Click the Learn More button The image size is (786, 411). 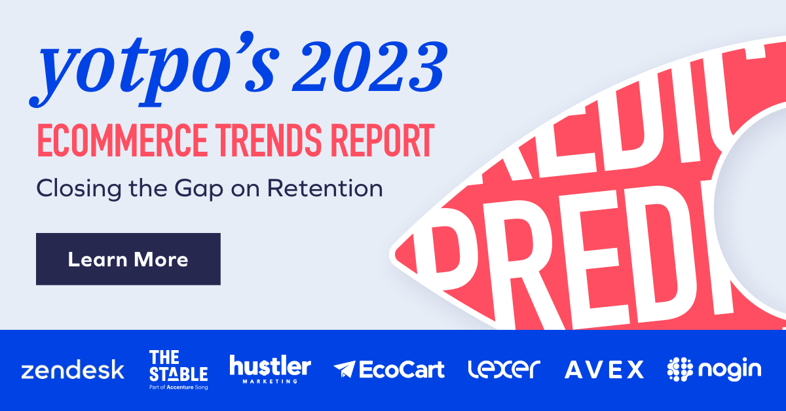click(x=128, y=259)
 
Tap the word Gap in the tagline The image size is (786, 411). click(x=238, y=188)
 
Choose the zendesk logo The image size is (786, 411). click(x=72, y=370)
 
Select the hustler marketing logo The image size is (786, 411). click(x=270, y=368)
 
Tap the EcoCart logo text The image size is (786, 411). click(x=402, y=369)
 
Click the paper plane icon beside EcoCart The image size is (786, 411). click(x=344, y=370)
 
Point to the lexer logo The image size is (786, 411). click(x=504, y=369)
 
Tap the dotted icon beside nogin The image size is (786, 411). click(x=679, y=370)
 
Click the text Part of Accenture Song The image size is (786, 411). click(x=178, y=386)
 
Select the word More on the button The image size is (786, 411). click(x=161, y=260)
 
